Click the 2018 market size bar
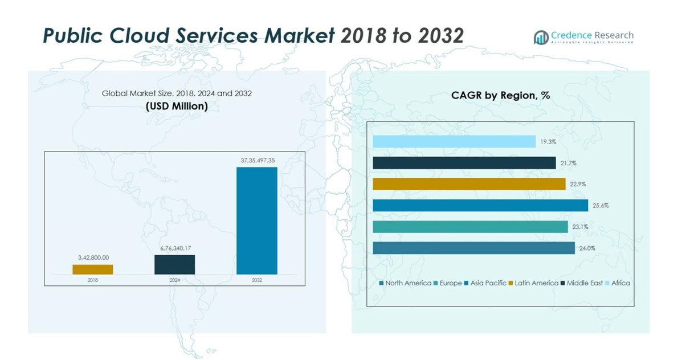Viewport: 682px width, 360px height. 93,269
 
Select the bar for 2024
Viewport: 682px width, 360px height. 174,264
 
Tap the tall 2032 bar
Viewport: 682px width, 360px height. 256,220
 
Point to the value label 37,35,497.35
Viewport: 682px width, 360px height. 258,161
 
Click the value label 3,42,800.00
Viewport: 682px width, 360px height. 93,258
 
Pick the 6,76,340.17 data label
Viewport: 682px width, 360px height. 175,248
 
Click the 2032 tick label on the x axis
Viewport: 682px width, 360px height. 257,280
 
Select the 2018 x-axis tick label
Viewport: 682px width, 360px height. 93,280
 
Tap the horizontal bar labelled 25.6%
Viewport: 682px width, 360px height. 480,206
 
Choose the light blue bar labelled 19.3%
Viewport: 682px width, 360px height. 454,142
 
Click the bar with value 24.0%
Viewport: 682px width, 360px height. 473,248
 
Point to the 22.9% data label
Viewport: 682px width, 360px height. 578,185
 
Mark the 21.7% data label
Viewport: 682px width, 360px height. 568,163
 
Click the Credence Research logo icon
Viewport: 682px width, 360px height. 541,38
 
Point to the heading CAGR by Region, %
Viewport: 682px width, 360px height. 500,96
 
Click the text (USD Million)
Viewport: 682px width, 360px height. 177,106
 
